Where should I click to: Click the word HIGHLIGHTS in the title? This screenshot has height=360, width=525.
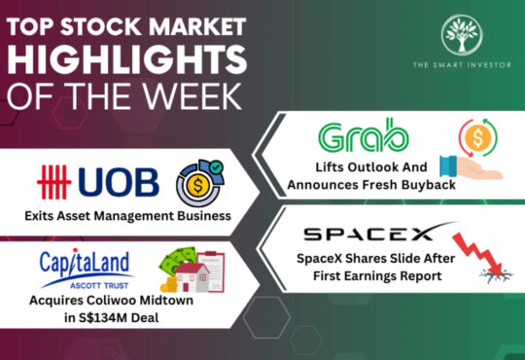pyautogui.click(x=127, y=60)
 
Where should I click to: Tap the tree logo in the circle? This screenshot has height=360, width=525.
pyautogui.click(x=462, y=34)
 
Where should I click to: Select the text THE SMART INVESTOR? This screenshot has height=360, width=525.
pyautogui.click(x=462, y=64)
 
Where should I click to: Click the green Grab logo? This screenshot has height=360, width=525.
pyautogui.click(x=364, y=135)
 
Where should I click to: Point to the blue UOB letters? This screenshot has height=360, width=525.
pyautogui.click(x=119, y=182)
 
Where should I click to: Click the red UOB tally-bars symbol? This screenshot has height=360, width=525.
pyautogui.click(x=53, y=182)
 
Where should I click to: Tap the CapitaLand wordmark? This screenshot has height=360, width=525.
pyautogui.click(x=85, y=263)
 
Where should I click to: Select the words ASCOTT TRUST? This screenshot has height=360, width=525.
pyautogui.click(x=99, y=286)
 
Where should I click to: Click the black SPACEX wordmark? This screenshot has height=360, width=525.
pyautogui.click(x=368, y=234)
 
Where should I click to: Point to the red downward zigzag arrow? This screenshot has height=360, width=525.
pyautogui.click(x=478, y=253)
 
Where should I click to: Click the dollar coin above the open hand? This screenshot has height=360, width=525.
pyautogui.click(x=478, y=137)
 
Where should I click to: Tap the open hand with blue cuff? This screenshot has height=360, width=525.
pyautogui.click(x=471, y=167)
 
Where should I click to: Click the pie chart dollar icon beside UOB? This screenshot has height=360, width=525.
pyautogui.click(x=200, y=183)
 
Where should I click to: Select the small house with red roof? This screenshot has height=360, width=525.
pyautogui.click(x=192, y=277)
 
